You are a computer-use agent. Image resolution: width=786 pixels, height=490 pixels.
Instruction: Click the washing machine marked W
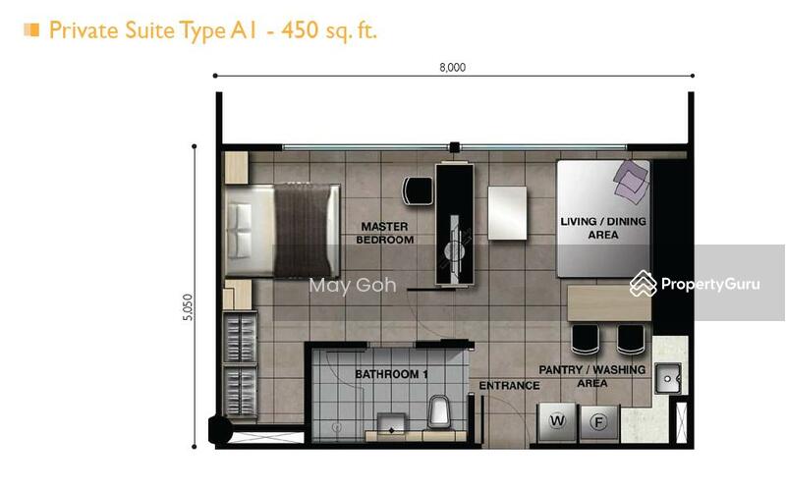coord(558,422)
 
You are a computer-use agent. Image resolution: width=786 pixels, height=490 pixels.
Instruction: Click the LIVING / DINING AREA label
coord(603,228)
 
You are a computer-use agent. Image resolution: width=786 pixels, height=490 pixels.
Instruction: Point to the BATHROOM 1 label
coord(392,374)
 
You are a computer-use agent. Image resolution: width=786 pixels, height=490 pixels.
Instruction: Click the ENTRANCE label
coord(509,386)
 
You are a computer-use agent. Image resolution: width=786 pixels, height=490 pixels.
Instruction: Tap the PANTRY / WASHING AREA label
coord(591,376)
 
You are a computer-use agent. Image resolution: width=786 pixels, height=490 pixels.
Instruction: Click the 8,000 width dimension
coord(452,67)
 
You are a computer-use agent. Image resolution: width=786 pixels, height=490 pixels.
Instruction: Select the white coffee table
coord(508,212)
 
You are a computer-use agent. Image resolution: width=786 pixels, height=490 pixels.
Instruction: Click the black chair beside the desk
coord(418,190)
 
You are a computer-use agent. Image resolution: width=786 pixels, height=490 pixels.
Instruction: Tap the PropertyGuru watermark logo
coord(695,284)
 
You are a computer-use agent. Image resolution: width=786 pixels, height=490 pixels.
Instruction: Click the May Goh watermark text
coord(353,286)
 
